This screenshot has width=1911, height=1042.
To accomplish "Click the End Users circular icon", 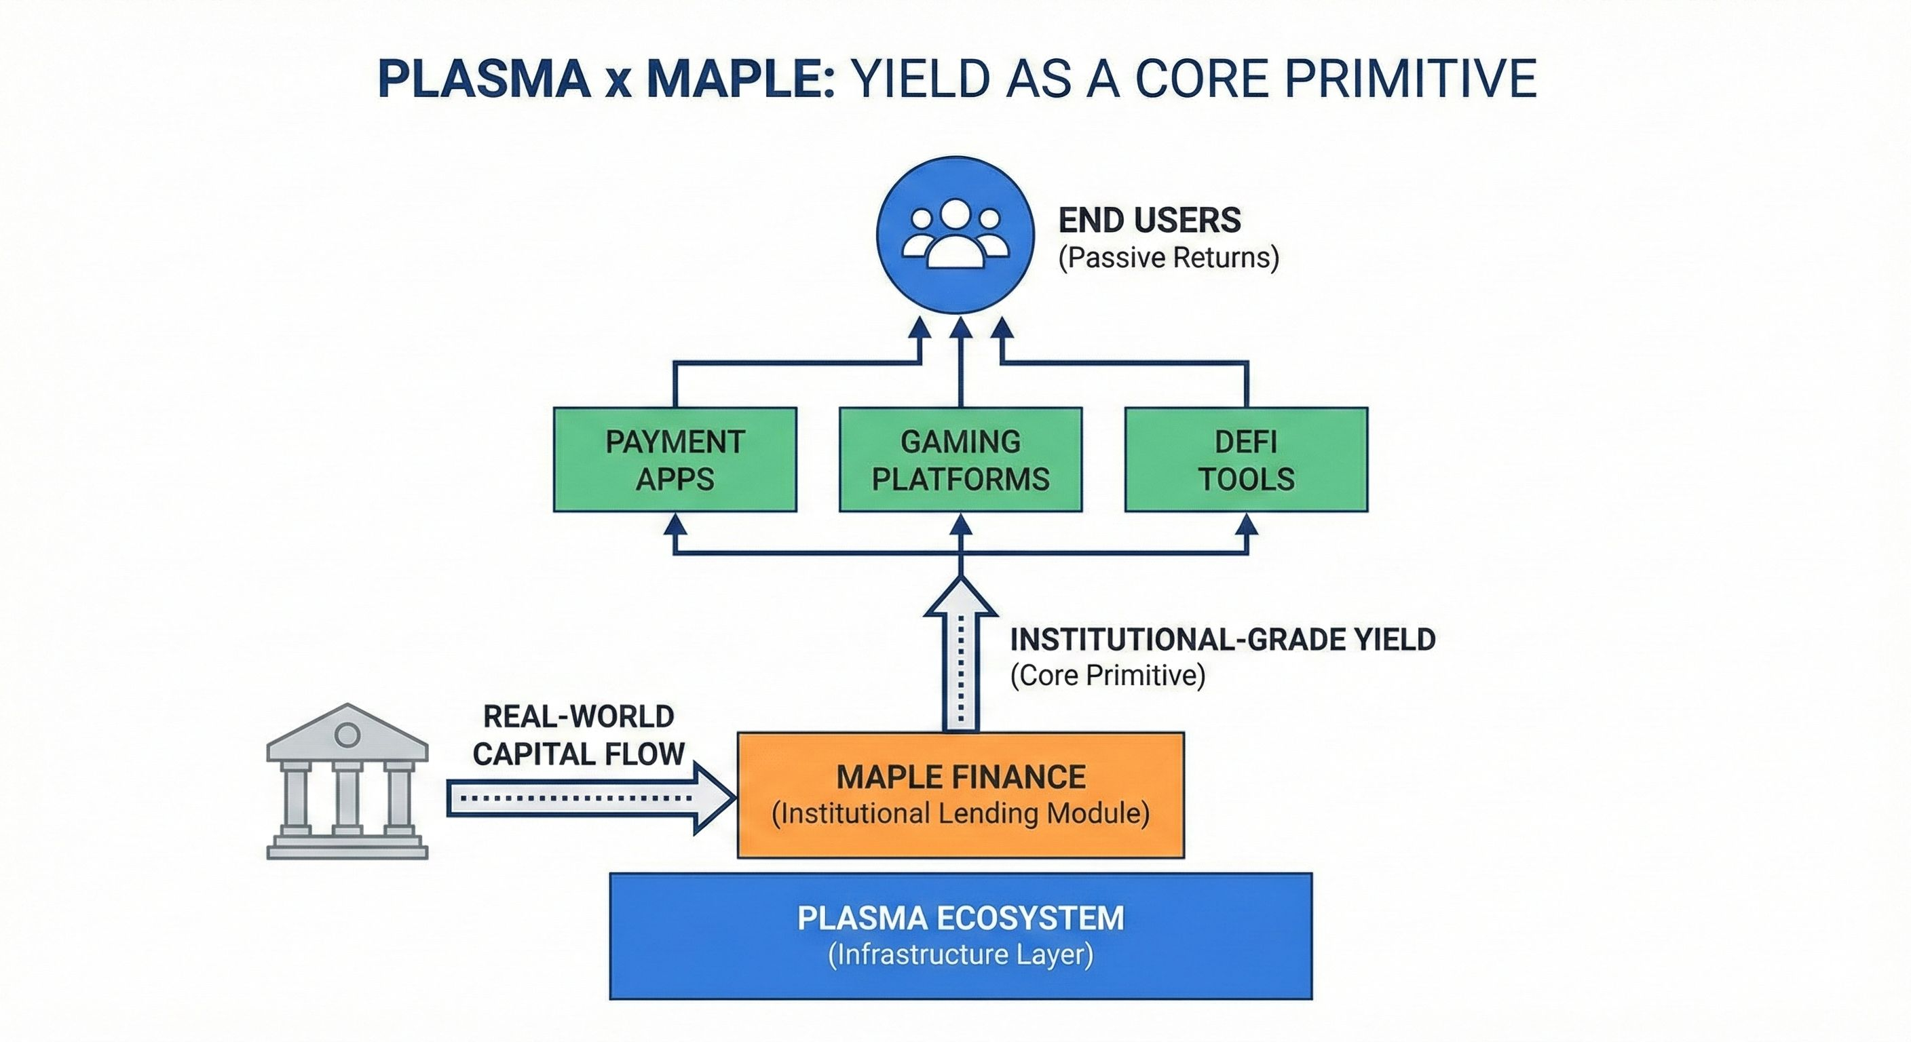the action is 955,234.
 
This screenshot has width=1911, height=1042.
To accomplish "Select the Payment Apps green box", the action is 675,460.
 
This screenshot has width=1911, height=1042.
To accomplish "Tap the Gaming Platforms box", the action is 961,460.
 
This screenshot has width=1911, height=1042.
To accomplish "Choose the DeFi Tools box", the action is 1247,460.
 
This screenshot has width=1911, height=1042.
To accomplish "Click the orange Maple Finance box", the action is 961,795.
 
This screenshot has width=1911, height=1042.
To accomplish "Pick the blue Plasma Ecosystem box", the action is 961,936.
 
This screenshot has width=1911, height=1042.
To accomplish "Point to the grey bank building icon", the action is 347,781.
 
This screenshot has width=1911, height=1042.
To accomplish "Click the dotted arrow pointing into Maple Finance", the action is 591,798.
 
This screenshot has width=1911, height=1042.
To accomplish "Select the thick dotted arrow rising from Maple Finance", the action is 961,654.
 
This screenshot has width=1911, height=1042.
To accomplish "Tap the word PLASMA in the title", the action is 484,79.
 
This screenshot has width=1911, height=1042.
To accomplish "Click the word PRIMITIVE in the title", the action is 1410,79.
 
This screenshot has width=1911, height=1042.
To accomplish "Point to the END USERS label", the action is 1149,220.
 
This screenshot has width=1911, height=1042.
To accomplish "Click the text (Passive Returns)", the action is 1169,258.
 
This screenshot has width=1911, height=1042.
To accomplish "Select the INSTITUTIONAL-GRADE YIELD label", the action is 1223,639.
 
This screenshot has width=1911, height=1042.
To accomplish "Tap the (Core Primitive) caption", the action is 1108,676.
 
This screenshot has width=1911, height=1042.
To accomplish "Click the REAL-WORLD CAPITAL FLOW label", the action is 579,735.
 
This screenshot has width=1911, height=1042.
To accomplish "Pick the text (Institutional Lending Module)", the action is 961,813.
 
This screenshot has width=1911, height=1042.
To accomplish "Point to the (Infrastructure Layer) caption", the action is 961,954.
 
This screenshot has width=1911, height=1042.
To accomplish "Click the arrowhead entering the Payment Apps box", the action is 675,525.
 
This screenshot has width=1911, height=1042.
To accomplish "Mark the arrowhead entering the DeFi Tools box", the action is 1247,525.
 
